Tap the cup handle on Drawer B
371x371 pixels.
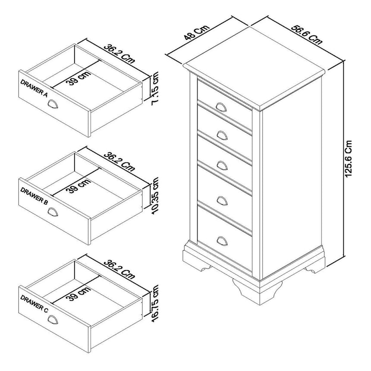53,211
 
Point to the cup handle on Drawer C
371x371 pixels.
53,319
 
